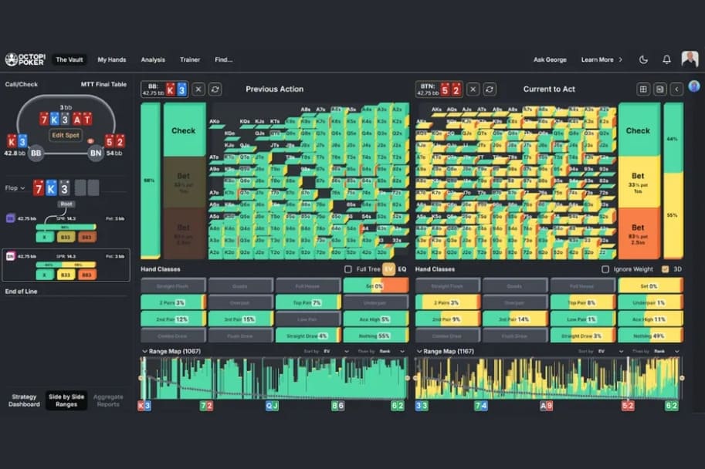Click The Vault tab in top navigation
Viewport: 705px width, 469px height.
click(x=70, y=59)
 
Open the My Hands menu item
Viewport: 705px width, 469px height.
click(x=113, y=59)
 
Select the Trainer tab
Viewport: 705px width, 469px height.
click(x=190, y=59)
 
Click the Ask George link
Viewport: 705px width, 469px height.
click(x=551, y=59)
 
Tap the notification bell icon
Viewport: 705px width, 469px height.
click(x=666, y=59)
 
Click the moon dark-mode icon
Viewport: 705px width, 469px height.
click(x=644, y=59)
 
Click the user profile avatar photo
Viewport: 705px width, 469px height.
click(x=690, y=59)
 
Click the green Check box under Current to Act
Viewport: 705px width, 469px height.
click(x=638, y=131)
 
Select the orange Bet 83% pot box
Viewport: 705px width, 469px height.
click(x=638, y=232)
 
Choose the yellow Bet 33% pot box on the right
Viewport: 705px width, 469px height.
click(x=638, y=182)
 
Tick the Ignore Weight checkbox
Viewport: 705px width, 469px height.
click(x=605, y=269)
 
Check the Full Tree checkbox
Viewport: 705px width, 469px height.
click(x=347, y=269)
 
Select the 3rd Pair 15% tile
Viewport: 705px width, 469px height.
click(x=239, y=319)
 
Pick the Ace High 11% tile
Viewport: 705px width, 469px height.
click(x=650, y=319)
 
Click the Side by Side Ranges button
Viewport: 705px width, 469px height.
click(x=66, y=400)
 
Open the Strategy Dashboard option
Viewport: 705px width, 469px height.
click(x=24, y=400)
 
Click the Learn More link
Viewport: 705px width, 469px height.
click(x=601, y=59)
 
